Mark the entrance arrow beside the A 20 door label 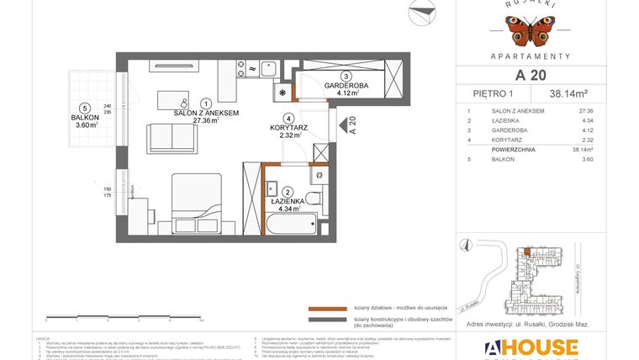coord(342,125)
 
